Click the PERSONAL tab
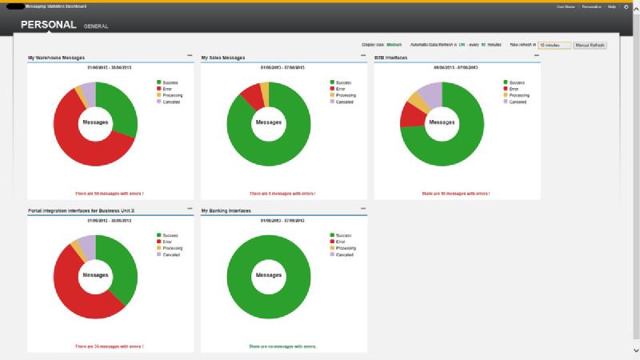pyautogui.click(x=48, y=26)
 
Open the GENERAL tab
pyautogui.click(x=96, y=26)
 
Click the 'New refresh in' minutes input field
pyautogui.click(x=554, y=46)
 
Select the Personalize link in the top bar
pyautogui.click(x=591, y=6)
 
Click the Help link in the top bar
pyautogui.click(x=612, y=6)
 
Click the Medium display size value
pyautogui.click(x=394, y=46)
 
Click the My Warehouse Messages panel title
pyautogui.click(x=57, y=58)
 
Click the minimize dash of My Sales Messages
pyautogui.click(x=362, y=56)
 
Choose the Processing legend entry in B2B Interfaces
pyautogui.click(x=516, y=95)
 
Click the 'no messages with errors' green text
pyautogui.click(x=284, y=346)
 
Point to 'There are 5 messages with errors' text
pyautogui.click(x=282, y=193)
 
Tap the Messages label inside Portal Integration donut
pyautogui.click(x=95, y=275)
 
